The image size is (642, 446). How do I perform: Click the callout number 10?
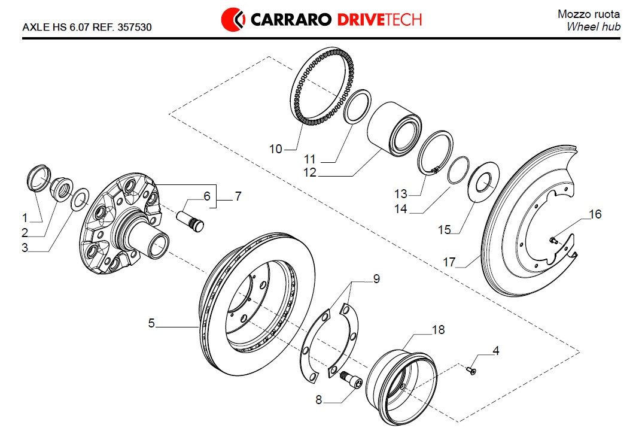pyautogui.click(x=275, y=149)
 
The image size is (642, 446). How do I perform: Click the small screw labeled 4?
pyautogui.click(x=471, y=372)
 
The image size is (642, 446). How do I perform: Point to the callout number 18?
pyautogui.click(x=438, y=329)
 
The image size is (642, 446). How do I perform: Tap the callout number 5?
pyautogui.click(x=152, y=323)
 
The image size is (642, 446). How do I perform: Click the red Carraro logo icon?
pyautogui.click(x=233, y=19)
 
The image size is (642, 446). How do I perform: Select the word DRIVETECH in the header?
pyautogui.click(x=380, y=19)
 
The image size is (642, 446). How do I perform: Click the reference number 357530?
pyautogui.click(x=135, y=28)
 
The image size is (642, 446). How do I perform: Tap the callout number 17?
pyautogui.click(x=449, y=262)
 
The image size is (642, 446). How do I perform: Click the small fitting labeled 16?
pyautogui.click(x=554, y=241)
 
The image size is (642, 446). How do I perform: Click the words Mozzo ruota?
pyautogui.click(x=589, y=14)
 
